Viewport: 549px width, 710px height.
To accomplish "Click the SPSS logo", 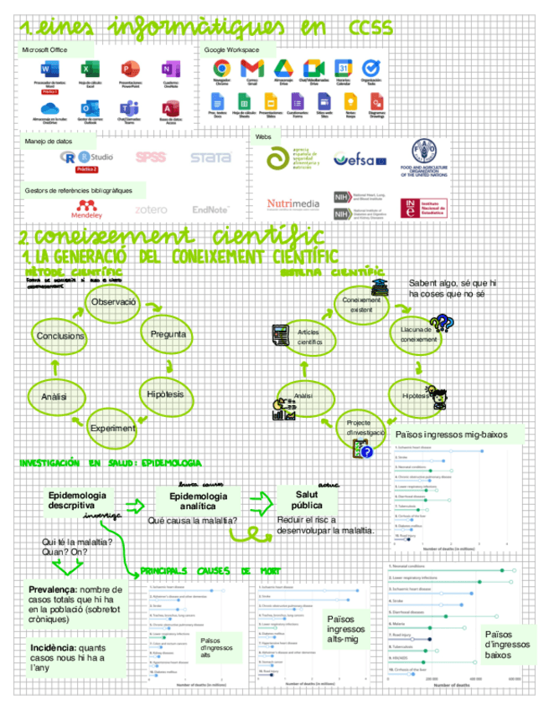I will click(151, 157).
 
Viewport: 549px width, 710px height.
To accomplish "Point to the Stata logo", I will click(210, 157).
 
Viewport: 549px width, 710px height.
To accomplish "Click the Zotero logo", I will click(151, 209).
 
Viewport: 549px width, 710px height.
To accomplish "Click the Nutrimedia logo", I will click(293, 203).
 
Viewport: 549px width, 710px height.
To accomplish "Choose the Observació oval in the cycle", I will click(113, 301).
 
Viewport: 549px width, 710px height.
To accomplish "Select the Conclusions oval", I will click(60, 336).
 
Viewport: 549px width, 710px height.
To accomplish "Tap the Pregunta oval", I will click(168, 335).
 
